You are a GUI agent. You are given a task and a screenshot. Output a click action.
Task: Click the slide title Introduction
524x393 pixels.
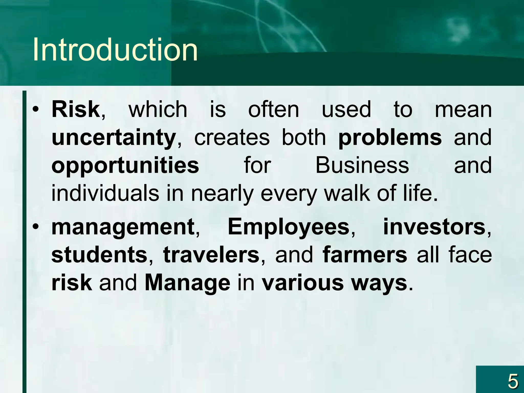coord(115,50)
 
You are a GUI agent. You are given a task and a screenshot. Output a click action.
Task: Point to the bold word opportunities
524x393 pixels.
coord(125,166)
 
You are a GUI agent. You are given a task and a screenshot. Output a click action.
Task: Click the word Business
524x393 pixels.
coord(362,165)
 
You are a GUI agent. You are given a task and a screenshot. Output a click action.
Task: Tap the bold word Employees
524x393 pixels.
coord(288,227)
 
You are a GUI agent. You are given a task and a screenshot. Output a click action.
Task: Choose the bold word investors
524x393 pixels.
coord(434,227)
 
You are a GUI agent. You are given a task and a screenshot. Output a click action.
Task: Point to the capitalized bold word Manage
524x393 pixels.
coord(187,283)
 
